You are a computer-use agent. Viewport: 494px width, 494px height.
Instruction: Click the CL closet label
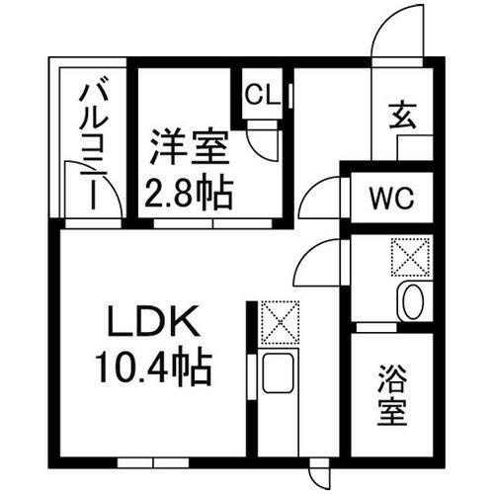click(x=263, y=95)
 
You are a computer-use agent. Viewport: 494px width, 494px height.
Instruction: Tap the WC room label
click(x=391, y=198)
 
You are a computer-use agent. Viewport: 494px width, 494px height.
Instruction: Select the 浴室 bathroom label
click(x=392, y=395)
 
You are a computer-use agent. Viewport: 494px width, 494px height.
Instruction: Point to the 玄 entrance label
click(x=402, y=116)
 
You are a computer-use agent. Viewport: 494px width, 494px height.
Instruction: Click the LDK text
click(x=153, y=320)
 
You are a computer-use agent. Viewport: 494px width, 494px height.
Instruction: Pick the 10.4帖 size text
click(x=153, y=368)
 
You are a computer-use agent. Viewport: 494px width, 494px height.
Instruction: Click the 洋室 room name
click(x=190, y=147)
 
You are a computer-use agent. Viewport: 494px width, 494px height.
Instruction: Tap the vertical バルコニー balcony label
click(x=94, y=147)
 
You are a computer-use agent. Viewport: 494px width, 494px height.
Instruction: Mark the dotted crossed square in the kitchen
click(x=280, y=322)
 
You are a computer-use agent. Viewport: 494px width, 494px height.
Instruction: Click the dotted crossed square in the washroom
click(x=410, y=257)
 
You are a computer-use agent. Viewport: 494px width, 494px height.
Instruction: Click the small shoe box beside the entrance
click(x=415, y=148)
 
